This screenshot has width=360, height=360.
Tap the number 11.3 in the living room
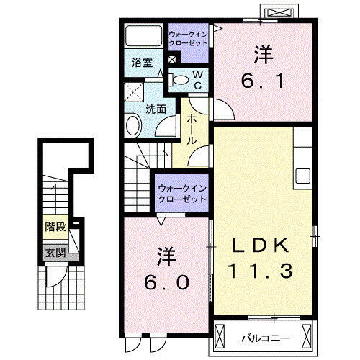pyautogui.click(x=261, y=271)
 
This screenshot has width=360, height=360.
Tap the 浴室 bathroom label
pyautogui.click(x=141, y=63)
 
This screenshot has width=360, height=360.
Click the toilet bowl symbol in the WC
pyautogui.click(x=180, y=80)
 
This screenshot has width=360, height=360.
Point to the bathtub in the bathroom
pyautogui.click(x=143, y=36)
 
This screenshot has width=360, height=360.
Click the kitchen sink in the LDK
pyautogui.click(x=303, y=176)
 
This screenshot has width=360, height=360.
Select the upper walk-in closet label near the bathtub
pyautogui.click(x=188, y=38)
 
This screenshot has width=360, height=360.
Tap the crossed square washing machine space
pyautogui.click(x=132, y=91)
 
